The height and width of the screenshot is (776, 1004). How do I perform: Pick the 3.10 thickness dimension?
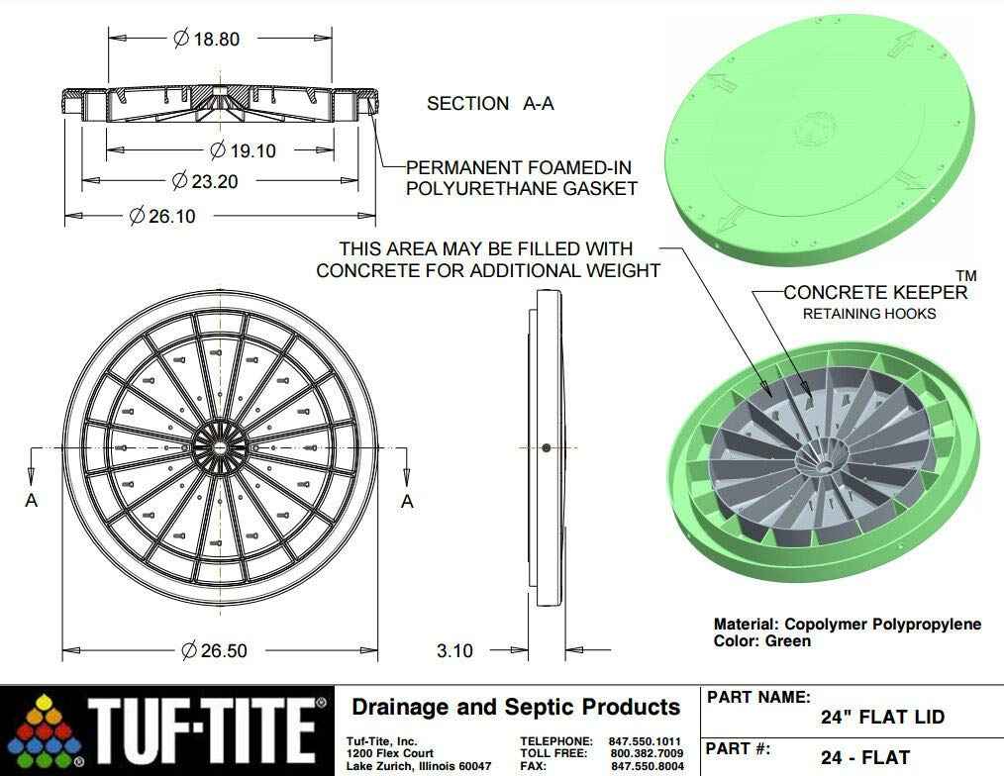[455, 650]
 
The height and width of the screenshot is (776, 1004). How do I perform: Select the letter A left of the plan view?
[31, 501]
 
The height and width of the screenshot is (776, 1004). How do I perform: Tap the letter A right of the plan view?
[407, 501]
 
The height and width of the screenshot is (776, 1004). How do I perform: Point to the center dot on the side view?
[546, 448]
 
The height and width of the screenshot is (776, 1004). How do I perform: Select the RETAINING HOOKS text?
[868, 315]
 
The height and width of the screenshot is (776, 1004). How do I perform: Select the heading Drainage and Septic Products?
[516, 707]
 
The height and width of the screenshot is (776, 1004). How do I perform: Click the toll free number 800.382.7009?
[647, 753]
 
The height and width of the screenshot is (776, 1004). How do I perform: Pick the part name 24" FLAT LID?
[882, 718]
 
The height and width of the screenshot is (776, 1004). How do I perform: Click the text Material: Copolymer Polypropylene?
[848, 624]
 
